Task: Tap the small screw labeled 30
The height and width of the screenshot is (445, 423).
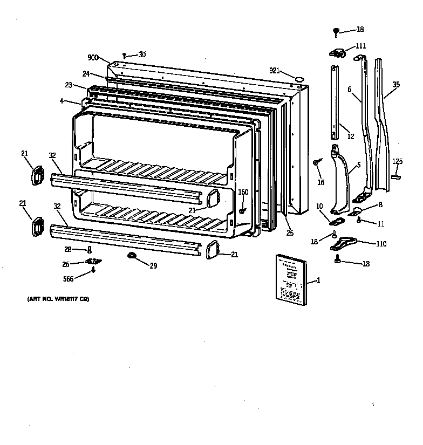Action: [x=125, y=55]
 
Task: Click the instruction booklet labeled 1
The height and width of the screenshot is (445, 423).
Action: [x=289, y=276]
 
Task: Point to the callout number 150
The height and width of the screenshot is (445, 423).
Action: [x=243, y=192]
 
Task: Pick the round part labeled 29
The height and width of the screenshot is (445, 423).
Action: [x=131, y=255]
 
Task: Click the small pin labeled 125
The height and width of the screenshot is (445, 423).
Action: [x=397, y=175]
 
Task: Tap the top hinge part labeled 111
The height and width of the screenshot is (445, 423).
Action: [x=337, y=52]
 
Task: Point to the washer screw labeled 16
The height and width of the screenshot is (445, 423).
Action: [x=318, y=162]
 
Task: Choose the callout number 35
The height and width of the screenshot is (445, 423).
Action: [x=396, y=85]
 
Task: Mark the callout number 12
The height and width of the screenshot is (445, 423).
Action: [x=350, y=136]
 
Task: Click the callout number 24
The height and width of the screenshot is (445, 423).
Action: [x=85, y=74]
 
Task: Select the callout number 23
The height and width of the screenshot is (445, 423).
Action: [x=68, y=85]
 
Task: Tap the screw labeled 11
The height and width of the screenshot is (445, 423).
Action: [x=359, y=220]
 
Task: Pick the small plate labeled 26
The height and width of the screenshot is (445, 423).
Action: [x=94, y=262]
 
